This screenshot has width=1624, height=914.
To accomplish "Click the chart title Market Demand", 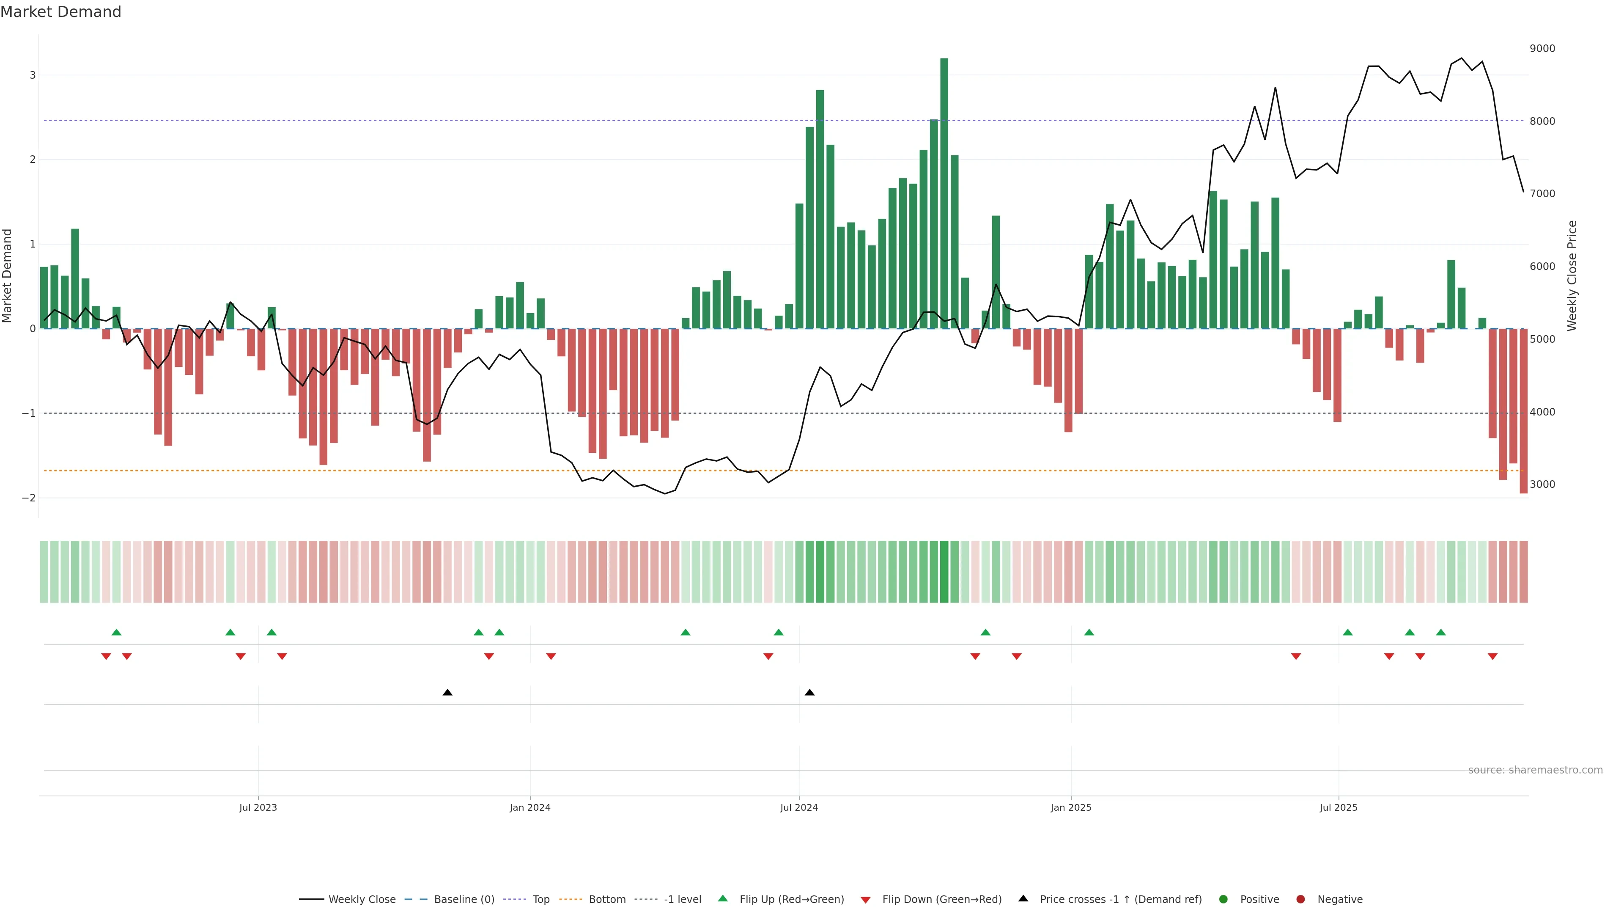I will (x=60, y=12).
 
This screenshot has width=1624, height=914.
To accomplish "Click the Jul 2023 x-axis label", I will (x=258, y=807).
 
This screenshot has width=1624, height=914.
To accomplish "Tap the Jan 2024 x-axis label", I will (x=529, y=807).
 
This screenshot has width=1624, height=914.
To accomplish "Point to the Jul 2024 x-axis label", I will (x=799, y=807).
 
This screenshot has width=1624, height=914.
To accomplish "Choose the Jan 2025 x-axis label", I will (x=1070, y=807).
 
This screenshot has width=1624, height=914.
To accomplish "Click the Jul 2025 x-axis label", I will (x=1339, y=807).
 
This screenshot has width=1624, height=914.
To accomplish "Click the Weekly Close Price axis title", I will (x=1572, y=275).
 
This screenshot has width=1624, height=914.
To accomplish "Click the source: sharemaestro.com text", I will (x=1535, y=770).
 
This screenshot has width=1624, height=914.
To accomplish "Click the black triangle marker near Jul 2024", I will (x=809, y=693).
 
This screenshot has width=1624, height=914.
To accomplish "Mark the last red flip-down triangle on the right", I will (x=1492, y=657).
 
